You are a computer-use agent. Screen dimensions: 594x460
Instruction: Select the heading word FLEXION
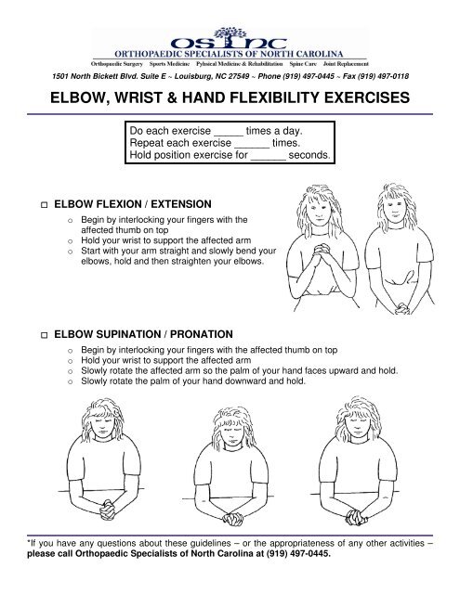coord(129,201)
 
